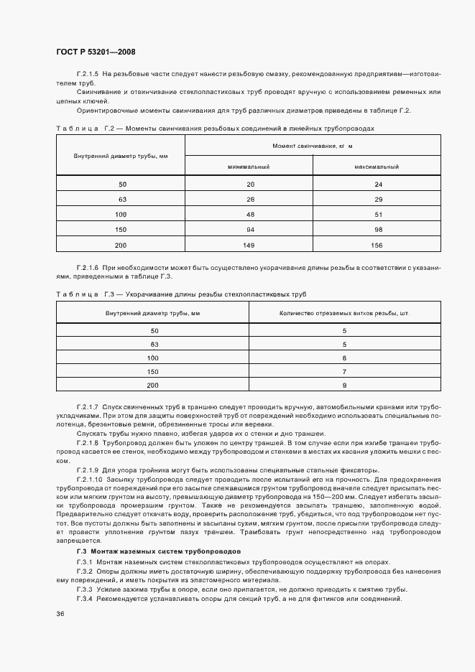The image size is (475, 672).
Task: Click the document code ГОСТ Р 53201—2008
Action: pyautogui.click(x=95, y=52)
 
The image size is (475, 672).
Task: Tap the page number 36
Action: pyautogui.click(x=60, y=614)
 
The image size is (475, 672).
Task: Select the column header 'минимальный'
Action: pyautogui.click(x=248, y=167)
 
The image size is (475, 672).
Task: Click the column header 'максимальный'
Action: pyautogui.click(x=377, y=167)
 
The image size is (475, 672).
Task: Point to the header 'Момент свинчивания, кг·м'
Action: pyautogui.click(x=313, y=146)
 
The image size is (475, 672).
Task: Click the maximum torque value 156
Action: pyautogui.click(x=377, y=245)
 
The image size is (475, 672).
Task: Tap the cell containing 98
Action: pyautogui.click(x=377, y=230)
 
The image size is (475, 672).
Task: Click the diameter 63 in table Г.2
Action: pyautogui.click(x=122, y=200)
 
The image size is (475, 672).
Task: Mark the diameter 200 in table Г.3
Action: pyautogui.click(x=152, y=386)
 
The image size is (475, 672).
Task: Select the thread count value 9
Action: pyautogui.click(x=345, y=386)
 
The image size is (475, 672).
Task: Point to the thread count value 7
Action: pyautogui.click(x=345, y=372)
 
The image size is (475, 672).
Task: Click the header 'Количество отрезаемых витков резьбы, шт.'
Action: pyautogui.click(x=345, y=314)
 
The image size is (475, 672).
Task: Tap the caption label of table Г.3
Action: pyautogui.click(x=86, y=294)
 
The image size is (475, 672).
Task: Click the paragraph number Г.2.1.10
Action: pyautogui.click(x=91, y=479)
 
